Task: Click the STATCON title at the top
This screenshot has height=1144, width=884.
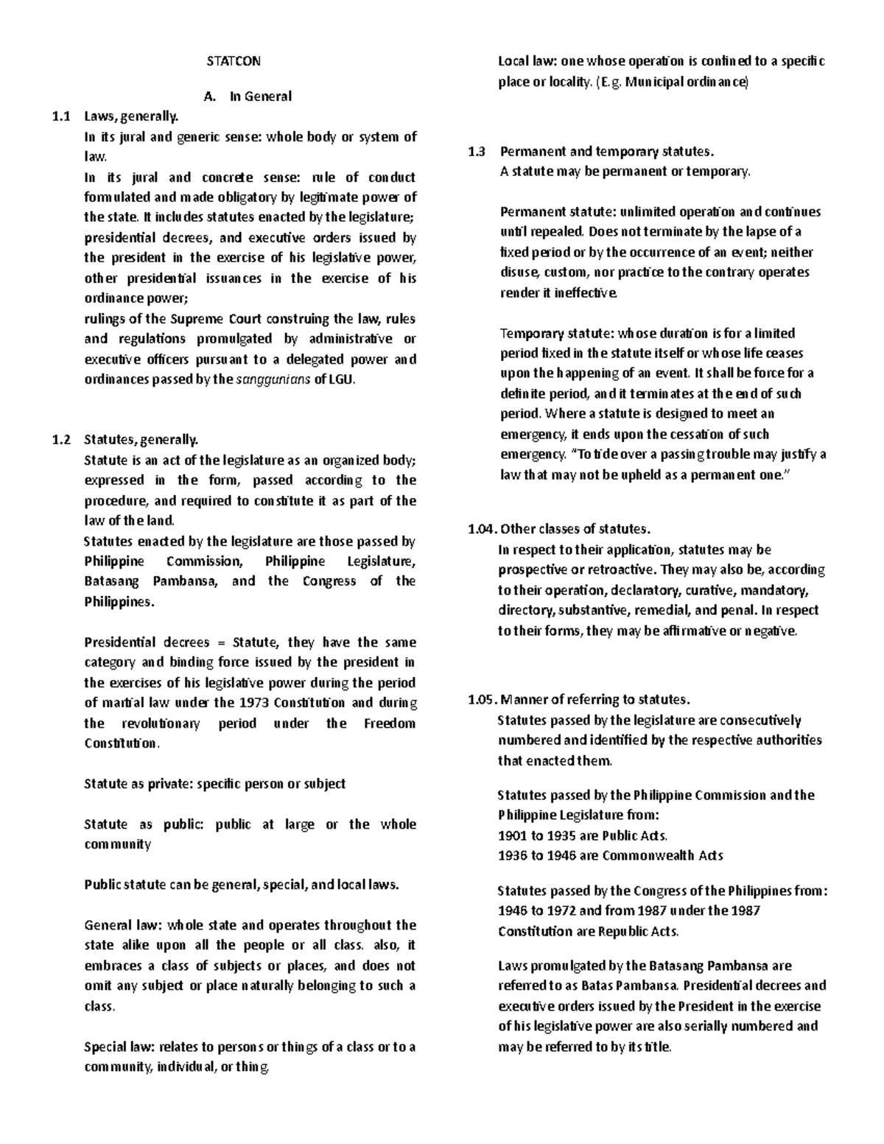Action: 233,61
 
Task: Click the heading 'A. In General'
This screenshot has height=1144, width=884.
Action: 246,96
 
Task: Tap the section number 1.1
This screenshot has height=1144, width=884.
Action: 61,116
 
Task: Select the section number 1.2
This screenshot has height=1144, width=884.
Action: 61,440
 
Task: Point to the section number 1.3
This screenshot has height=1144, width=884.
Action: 477,152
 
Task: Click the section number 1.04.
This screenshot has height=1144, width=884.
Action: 482,529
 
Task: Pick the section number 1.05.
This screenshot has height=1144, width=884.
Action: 482,699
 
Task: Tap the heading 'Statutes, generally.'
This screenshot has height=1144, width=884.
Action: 141,440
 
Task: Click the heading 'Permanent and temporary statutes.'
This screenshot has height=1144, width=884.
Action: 606,152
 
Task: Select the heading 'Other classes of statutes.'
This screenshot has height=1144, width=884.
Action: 575,529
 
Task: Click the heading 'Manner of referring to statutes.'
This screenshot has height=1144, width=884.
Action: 594,699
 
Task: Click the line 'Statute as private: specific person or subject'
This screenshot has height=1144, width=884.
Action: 214,784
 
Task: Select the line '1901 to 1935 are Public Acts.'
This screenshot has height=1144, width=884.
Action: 583,835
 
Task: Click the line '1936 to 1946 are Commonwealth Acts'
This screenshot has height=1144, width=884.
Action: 610,855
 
